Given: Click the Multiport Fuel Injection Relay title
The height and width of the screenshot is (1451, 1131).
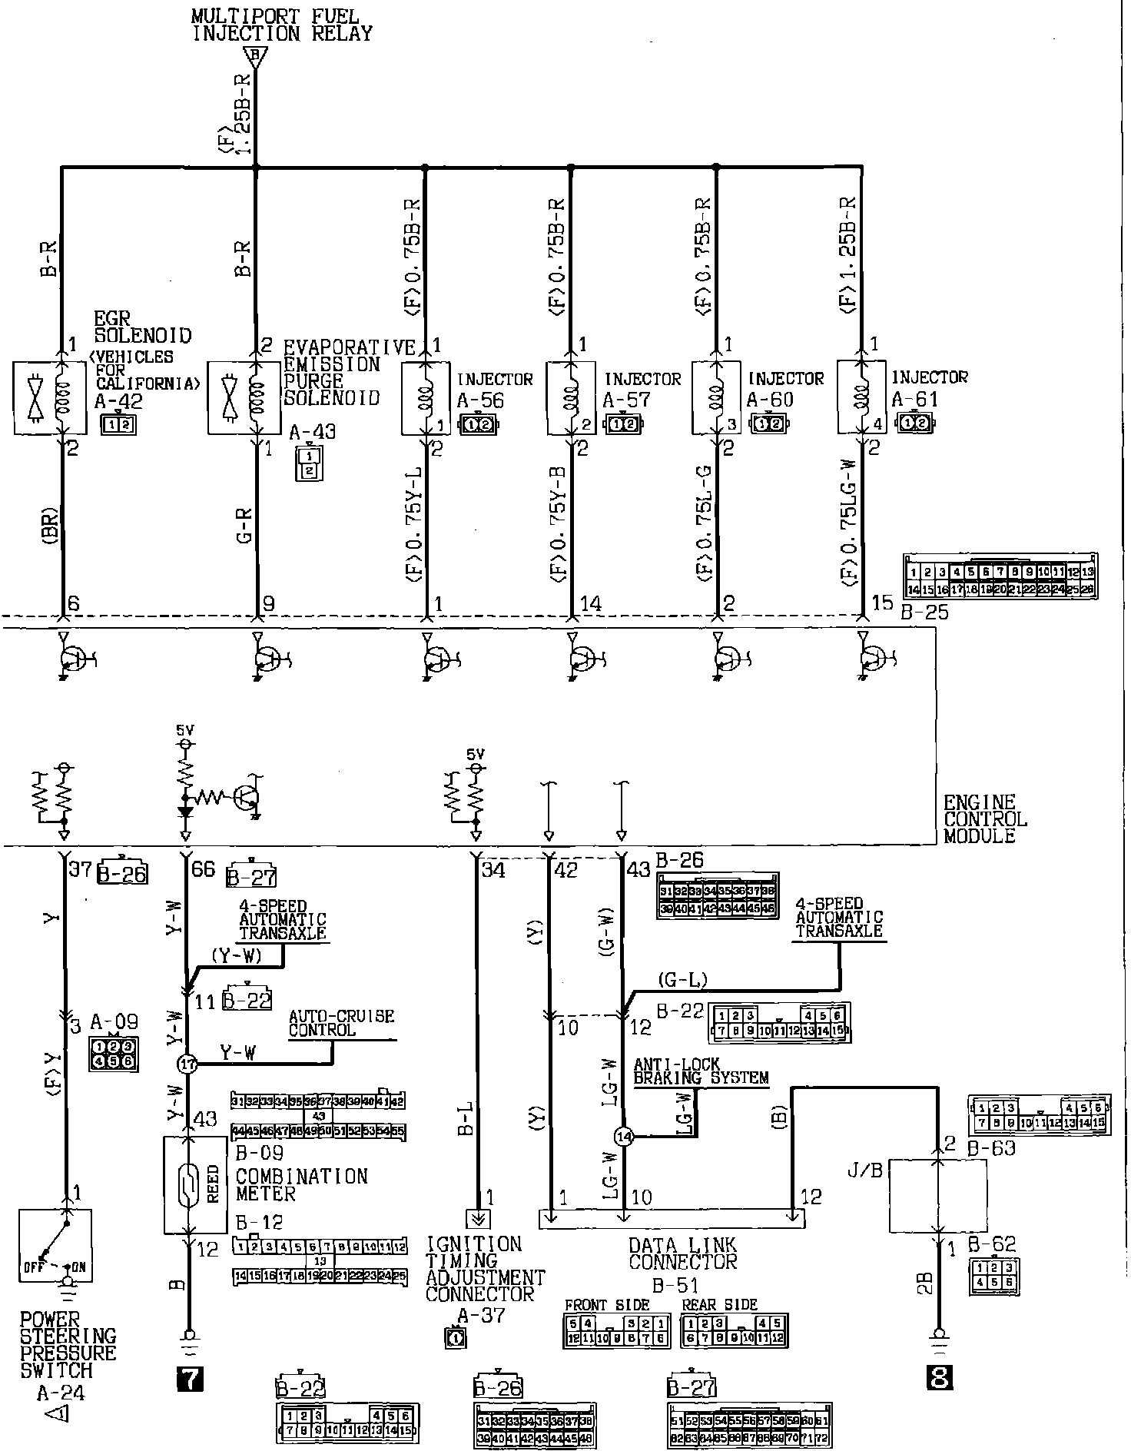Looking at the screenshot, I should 281,25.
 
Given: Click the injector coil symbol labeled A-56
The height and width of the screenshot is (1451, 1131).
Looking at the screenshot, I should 425,398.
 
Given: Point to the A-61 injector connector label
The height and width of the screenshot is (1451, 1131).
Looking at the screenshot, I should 914,400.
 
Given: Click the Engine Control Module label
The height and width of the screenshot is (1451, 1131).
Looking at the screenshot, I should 984,819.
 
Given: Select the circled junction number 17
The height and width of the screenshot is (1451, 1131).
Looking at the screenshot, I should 187,1064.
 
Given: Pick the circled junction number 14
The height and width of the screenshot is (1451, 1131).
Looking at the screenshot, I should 624,1137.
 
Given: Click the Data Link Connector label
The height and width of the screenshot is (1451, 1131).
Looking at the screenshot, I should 682,1253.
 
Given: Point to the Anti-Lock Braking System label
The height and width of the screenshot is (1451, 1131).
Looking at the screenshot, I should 700,1071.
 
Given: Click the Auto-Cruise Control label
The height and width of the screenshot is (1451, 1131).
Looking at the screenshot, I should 341,1023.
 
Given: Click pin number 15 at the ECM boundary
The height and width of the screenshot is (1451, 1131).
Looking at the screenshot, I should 883,603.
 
